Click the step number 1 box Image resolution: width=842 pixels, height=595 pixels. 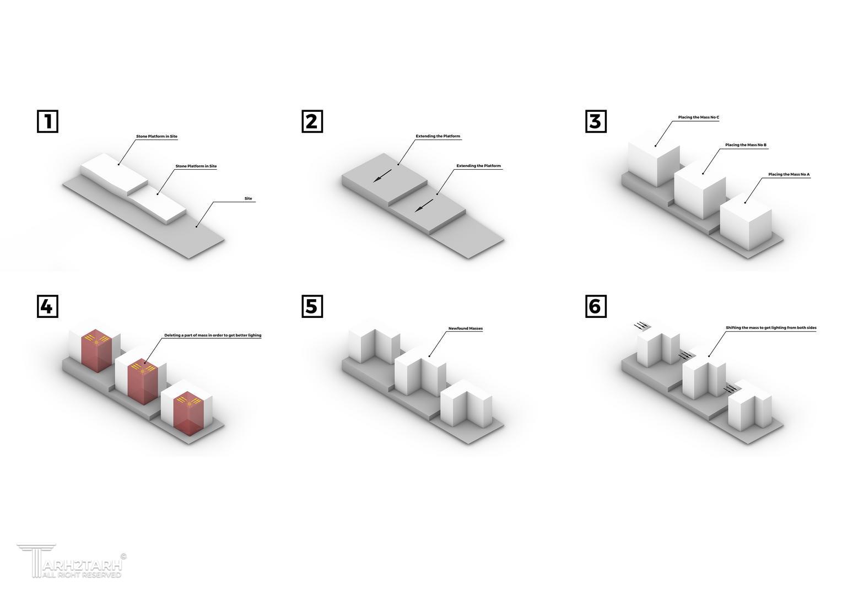tap(48, 121)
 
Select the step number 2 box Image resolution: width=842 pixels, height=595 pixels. tap(312, 121)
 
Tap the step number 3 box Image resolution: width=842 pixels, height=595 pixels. tap(596, 121)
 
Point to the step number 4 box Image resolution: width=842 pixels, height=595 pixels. tap(48, 306)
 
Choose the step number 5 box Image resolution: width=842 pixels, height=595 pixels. tap(312, 306)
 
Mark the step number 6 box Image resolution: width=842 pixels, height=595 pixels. tap(596, 306)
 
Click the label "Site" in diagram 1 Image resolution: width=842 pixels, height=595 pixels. tap(249, 198)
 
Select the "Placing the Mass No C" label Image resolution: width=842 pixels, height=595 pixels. tap(698, 117)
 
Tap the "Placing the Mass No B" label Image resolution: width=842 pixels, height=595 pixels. tap(746, 145)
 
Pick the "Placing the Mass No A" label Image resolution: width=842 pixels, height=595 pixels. tap(789, 175)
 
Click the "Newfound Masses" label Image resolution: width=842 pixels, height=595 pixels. tap(465, 328)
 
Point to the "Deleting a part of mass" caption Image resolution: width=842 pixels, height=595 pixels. tap(213, 335)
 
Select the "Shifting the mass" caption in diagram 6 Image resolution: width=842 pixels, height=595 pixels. tap(771, 328)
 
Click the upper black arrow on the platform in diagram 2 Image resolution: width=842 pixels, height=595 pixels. tap(382, 176)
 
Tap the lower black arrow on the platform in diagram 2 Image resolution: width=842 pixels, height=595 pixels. tap(424, 206)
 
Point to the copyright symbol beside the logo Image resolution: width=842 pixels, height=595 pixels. tap(123, 556)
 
